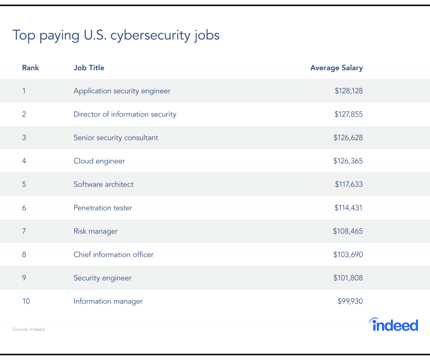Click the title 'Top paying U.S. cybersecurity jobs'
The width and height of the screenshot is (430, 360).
(x=116, y=36)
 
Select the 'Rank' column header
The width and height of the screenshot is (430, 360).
(x=31, y=68)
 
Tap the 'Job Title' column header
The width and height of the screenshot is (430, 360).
(x=89, y=68)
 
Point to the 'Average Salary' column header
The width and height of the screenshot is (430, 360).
(x=336, y=68)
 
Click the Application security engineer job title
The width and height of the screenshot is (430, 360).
(x=122, y=91)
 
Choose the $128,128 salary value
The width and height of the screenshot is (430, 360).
(x=348, y=91)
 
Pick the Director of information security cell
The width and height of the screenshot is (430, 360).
(x=125, y=114)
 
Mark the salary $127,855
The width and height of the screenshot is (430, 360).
(x=348, y=114)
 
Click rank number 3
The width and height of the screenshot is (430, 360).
(x=24, y=137)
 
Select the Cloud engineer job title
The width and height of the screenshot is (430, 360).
(x=99, y=161)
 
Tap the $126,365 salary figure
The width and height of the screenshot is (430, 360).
(x=348, y=161)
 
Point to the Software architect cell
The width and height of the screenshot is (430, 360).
(x=104, y=185)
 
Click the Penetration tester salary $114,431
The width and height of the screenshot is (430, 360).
(x=348, y=208)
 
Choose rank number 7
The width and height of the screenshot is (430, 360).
(x=24, y=231)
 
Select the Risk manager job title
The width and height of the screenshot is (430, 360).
(x=96, y=231)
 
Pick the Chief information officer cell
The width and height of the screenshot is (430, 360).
(x=113, y=254)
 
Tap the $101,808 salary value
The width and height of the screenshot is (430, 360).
(x=348, y=278)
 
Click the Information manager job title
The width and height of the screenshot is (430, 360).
(x=108, y=301)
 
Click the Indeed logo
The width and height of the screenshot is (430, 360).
(x=394, y=324)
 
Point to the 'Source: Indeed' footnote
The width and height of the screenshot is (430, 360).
(x=28, y=330)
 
